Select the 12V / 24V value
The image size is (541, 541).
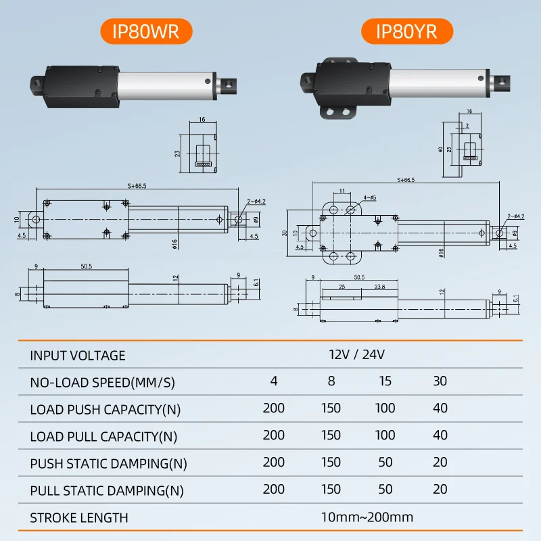[x=357, y=354]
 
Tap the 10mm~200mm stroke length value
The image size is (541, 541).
[x=367, y=517]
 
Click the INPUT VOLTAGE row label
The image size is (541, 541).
[x=78, y=355]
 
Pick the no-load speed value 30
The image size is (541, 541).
[x=440, y=381]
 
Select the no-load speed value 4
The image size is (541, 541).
[x=274, y=381]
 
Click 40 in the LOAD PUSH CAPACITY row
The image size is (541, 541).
[x=440, y=408]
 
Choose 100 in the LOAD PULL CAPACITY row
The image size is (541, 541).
[x=385, y=436]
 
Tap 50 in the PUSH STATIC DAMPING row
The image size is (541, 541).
[x=385, y=463]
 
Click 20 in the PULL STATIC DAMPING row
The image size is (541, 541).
[x=440, y=490]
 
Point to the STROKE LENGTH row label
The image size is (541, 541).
[x=79, y=518]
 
